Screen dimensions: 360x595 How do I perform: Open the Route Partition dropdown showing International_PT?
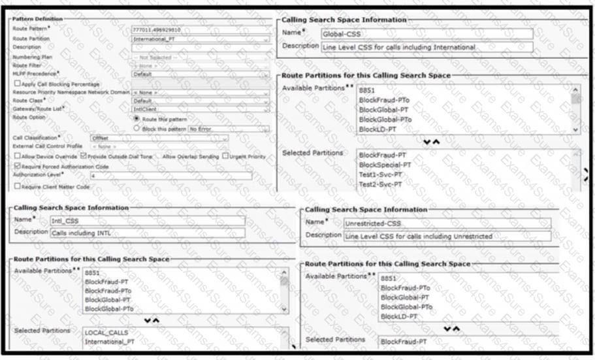click(200, 39)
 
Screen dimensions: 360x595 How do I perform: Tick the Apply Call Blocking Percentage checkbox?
click(16, 84)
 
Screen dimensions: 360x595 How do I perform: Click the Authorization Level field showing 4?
click(170, 176)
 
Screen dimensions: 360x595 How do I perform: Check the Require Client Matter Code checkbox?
click(16, 186)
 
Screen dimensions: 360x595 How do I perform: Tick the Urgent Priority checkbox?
click(225, 157)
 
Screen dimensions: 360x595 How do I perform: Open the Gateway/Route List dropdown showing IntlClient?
click(200, 110)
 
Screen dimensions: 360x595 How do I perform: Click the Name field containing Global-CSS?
click(426, 34)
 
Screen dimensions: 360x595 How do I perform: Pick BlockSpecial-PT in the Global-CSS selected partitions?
click(385, 165)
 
